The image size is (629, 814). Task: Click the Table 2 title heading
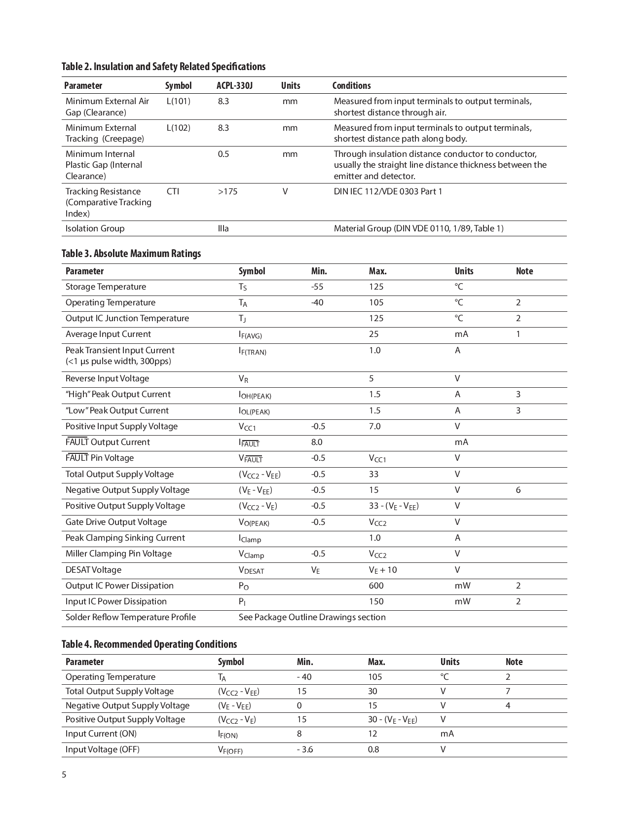tap(163, 67)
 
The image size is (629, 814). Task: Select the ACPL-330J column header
tap(234, 85)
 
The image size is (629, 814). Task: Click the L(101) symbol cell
tap(178, 101)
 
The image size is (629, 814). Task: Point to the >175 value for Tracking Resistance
tap(227, 191)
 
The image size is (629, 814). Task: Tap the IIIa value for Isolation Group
tap(223, 228)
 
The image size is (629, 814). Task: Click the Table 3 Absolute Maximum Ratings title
tap(131, 254)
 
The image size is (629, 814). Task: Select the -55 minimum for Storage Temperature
tap(317, 287)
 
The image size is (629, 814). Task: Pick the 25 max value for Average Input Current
tap(374, 334)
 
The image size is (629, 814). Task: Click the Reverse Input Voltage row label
tap(107, 378)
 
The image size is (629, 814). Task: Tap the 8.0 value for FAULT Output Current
tap(317, 442)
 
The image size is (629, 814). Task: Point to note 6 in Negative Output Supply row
tap(518, 490)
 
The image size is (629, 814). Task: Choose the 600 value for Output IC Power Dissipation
tap(376, 586)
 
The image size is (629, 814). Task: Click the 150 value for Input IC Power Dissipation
tap(376, 601)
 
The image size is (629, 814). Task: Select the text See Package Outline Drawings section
tap(312, 617)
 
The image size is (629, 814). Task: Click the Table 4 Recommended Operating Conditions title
tap(149, 644)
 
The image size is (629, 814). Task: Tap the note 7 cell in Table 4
tap(508, 691)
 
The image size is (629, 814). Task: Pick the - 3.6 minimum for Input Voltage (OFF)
tap(305, 749)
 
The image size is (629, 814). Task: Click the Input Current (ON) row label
tap(101, 734)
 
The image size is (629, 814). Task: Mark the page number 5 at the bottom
tap(64, 775)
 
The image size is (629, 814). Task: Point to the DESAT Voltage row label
tap(93, 570)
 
